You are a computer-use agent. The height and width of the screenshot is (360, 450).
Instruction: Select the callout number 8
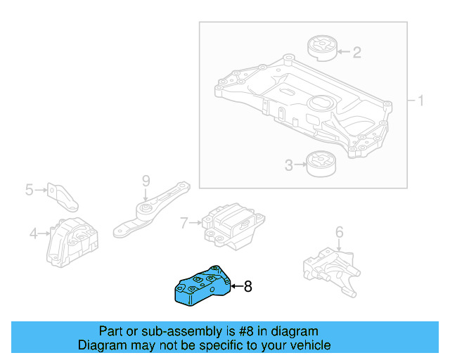[x=247, y=286]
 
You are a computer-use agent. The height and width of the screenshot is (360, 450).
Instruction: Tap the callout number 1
[x=420, y=101]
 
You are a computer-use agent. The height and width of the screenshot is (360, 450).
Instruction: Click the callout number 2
[x=357, y=51]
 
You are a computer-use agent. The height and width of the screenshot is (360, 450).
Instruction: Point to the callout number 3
[x=289, y=166]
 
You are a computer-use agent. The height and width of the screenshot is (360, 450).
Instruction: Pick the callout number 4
[x=33, y=233]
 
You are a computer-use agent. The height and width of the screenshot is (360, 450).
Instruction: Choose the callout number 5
[x=29, y=189]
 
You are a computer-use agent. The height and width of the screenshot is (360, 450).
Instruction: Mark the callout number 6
[x=339, y=231]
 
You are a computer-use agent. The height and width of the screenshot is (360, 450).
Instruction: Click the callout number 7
[x=185, y=224]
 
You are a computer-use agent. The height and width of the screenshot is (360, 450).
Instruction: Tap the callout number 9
[x=146, y=181]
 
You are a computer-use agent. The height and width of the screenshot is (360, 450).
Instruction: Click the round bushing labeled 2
[x=322, y=47]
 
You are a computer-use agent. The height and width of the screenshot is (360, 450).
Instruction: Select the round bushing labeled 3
[x=322, y=166]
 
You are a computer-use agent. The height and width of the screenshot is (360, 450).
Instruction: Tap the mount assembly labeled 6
[x=330, y=270]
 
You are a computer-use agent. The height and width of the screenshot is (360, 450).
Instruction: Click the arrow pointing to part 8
[x=235, y=286]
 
